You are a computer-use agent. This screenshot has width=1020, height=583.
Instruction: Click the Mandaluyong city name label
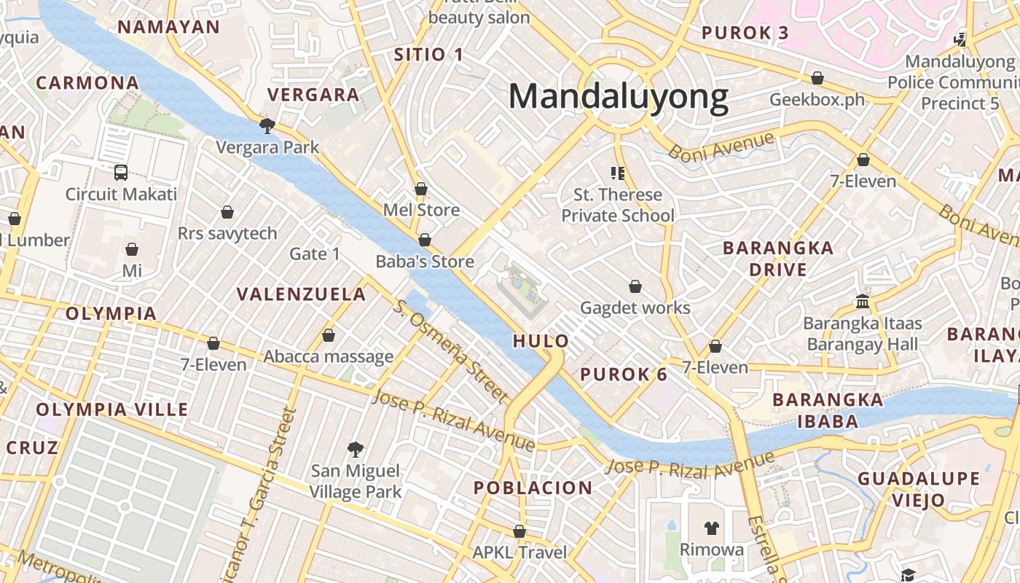618,97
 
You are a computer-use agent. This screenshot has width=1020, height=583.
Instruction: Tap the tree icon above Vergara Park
267,126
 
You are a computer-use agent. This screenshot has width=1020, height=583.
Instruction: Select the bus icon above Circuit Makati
121,173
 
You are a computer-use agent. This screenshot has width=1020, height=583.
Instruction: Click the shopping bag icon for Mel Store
421,189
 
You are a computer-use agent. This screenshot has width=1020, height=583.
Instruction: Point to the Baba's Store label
425,262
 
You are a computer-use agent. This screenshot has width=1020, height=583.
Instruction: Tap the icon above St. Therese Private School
618,173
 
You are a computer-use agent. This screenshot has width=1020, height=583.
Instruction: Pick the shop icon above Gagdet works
635,286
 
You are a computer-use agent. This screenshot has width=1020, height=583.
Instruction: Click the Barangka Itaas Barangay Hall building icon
863,301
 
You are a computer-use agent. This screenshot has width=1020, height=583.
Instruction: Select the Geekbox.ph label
817,99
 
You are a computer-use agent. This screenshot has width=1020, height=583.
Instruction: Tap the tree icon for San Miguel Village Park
355,449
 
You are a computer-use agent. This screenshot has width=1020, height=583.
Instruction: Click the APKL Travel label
519,552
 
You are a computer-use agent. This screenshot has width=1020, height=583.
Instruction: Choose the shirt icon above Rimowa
712,528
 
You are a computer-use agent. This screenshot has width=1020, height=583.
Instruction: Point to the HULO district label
541,340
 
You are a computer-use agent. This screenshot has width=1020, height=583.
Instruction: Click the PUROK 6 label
624,375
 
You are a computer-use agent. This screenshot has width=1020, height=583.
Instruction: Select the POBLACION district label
533,488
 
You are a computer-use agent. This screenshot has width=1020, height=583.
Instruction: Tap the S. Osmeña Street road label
450,351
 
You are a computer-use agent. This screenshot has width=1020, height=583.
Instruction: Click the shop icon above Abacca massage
329,335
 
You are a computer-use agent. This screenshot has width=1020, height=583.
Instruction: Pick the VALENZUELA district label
302,294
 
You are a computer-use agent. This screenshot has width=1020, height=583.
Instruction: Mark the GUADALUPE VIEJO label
918,489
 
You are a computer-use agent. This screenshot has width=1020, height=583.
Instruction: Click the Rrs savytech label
227,233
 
